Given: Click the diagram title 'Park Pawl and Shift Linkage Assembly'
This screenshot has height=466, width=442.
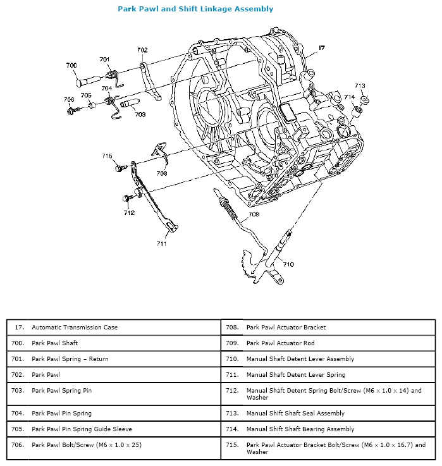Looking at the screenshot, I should coord(195,9).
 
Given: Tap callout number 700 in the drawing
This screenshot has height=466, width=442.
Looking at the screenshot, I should coord(71,65).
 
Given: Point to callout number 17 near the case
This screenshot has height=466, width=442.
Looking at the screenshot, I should coord(322,48).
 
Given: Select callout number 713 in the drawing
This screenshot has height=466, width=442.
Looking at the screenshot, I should coord(359,85).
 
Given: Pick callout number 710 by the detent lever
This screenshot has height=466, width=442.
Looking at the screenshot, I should coord(288,264).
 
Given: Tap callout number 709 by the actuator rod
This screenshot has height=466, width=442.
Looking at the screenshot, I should coord(253,214).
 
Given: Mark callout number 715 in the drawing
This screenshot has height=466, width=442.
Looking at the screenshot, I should coord(107,156).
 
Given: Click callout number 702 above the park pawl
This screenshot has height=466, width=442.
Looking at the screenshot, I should coord(142,50).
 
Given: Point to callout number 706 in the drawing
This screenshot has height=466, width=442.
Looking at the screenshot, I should coord(68,100).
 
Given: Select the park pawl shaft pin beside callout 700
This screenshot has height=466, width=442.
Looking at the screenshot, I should coord(86,80).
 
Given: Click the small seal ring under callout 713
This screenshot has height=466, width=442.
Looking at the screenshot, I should coord(365,99).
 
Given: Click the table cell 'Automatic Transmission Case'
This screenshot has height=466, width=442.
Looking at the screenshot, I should coord(75,328).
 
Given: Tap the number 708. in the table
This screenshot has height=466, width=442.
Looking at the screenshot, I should coord(232,328).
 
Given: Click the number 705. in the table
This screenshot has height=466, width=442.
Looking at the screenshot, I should coord(17,429).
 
